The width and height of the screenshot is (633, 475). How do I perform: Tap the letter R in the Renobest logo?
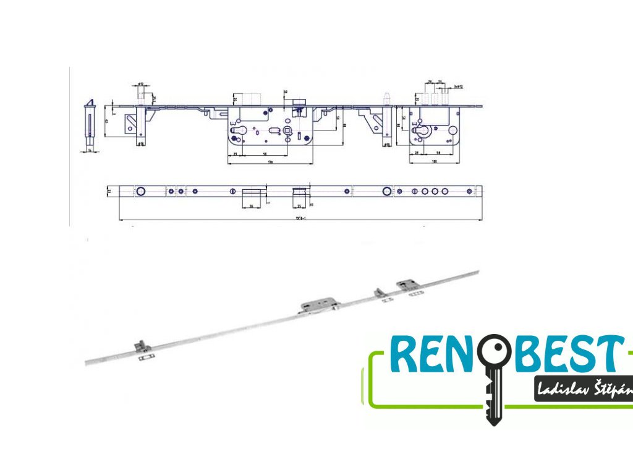[404, 354]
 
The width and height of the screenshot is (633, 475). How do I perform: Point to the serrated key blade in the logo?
[493, 399]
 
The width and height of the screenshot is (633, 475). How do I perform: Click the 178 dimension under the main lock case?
[270, 161]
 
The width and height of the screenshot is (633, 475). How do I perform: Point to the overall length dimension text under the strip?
[301, 218]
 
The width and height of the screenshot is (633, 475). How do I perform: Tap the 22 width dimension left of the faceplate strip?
[109, 192]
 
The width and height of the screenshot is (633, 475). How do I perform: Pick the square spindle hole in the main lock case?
[288, 131]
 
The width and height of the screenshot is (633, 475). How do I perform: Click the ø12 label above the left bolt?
[140, 84]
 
